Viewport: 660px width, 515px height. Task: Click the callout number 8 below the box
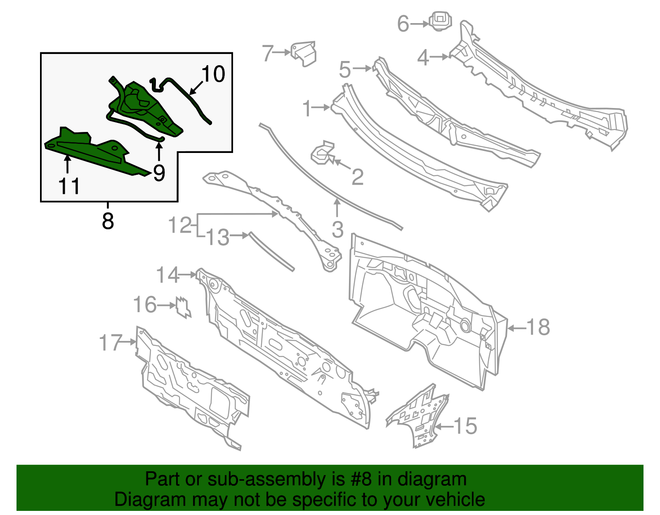(108, 221)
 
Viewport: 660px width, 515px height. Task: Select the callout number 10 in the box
(213, 74)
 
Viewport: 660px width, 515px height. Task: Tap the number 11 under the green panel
(69, 186)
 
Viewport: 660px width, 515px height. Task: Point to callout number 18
(538, 327)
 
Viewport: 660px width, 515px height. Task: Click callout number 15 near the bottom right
(465, 426)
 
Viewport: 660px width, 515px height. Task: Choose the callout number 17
(111, 343)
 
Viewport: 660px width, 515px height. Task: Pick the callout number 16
(145, 305)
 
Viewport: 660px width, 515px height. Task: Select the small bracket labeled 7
(304, 53)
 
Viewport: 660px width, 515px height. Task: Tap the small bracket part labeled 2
(323, 153)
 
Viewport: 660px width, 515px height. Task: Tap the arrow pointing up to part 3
(337, 207)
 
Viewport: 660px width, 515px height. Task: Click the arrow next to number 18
(516, 328)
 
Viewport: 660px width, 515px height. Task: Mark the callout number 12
(180, 225)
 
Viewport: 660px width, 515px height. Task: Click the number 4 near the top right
(423, 57)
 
